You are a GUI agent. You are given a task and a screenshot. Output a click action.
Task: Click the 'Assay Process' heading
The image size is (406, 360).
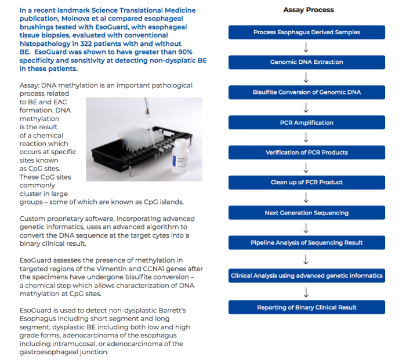tap(308, 10)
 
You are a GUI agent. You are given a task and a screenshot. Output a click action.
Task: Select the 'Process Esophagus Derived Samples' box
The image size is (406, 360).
tap(306, 32)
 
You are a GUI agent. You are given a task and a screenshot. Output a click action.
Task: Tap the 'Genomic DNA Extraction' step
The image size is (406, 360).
tap(306, 62)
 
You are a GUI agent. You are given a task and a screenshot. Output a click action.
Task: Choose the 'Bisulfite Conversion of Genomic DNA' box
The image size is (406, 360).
tap(306, 92)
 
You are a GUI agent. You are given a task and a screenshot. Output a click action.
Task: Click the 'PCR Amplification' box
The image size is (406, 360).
tap(306, 122)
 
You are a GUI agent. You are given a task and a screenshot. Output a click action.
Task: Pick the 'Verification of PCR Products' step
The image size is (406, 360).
tap(306, 152)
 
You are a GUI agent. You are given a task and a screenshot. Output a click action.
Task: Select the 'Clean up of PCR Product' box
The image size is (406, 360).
tap(306, 182)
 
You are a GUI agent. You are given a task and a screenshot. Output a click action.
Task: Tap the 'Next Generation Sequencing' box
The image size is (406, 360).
tap(306, 213)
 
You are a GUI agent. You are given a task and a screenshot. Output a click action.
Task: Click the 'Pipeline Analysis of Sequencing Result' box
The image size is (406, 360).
tap(306, 242)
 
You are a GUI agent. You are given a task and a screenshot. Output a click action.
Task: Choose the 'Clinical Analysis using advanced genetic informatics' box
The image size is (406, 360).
tap(306, 275)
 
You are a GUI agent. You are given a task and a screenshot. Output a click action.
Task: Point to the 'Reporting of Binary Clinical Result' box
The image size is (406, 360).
tap(306, 307)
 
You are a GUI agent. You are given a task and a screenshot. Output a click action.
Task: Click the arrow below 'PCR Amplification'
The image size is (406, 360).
tap(306, 137)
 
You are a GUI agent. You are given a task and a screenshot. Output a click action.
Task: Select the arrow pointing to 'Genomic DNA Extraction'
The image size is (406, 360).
tap(306, 48)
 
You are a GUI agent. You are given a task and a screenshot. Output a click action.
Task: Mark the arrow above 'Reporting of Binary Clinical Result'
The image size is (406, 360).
tap(306, 292)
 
